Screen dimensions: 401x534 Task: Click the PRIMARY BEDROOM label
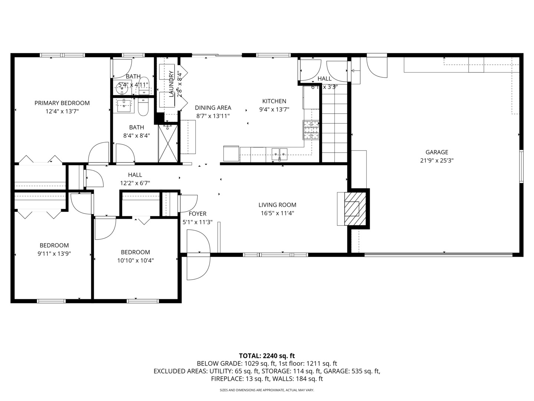click(x=62, y=103)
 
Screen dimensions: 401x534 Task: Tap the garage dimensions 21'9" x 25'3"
click(x=436, y=160)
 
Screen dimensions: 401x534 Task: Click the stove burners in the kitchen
click(x=311, y=130)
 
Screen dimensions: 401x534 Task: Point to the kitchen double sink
click(x=279, y=152)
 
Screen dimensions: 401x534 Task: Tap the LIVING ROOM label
click(x=277, y=205)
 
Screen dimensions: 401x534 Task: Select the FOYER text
click(x=197, y=213)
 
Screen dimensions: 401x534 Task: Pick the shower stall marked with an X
click(x=168, y=143)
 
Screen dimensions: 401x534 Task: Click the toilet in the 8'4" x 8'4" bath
click(x=143, y=107)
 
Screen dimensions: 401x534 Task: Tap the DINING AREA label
click(x=213, y=108)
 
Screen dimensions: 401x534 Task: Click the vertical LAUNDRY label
click(x=171, y=84)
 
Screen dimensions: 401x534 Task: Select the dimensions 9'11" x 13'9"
click(x=54, y=254)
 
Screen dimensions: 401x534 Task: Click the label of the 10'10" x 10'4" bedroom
click(x=135, y=252)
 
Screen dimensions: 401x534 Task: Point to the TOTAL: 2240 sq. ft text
click(x=267, y=356)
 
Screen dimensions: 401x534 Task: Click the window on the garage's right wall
click(x=521, y=166)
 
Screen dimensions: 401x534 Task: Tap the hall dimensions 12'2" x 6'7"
click(x=135, y=183)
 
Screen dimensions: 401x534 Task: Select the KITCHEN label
click(x=274, y=101)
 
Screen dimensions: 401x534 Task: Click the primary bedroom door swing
click(x=98, y=153)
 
